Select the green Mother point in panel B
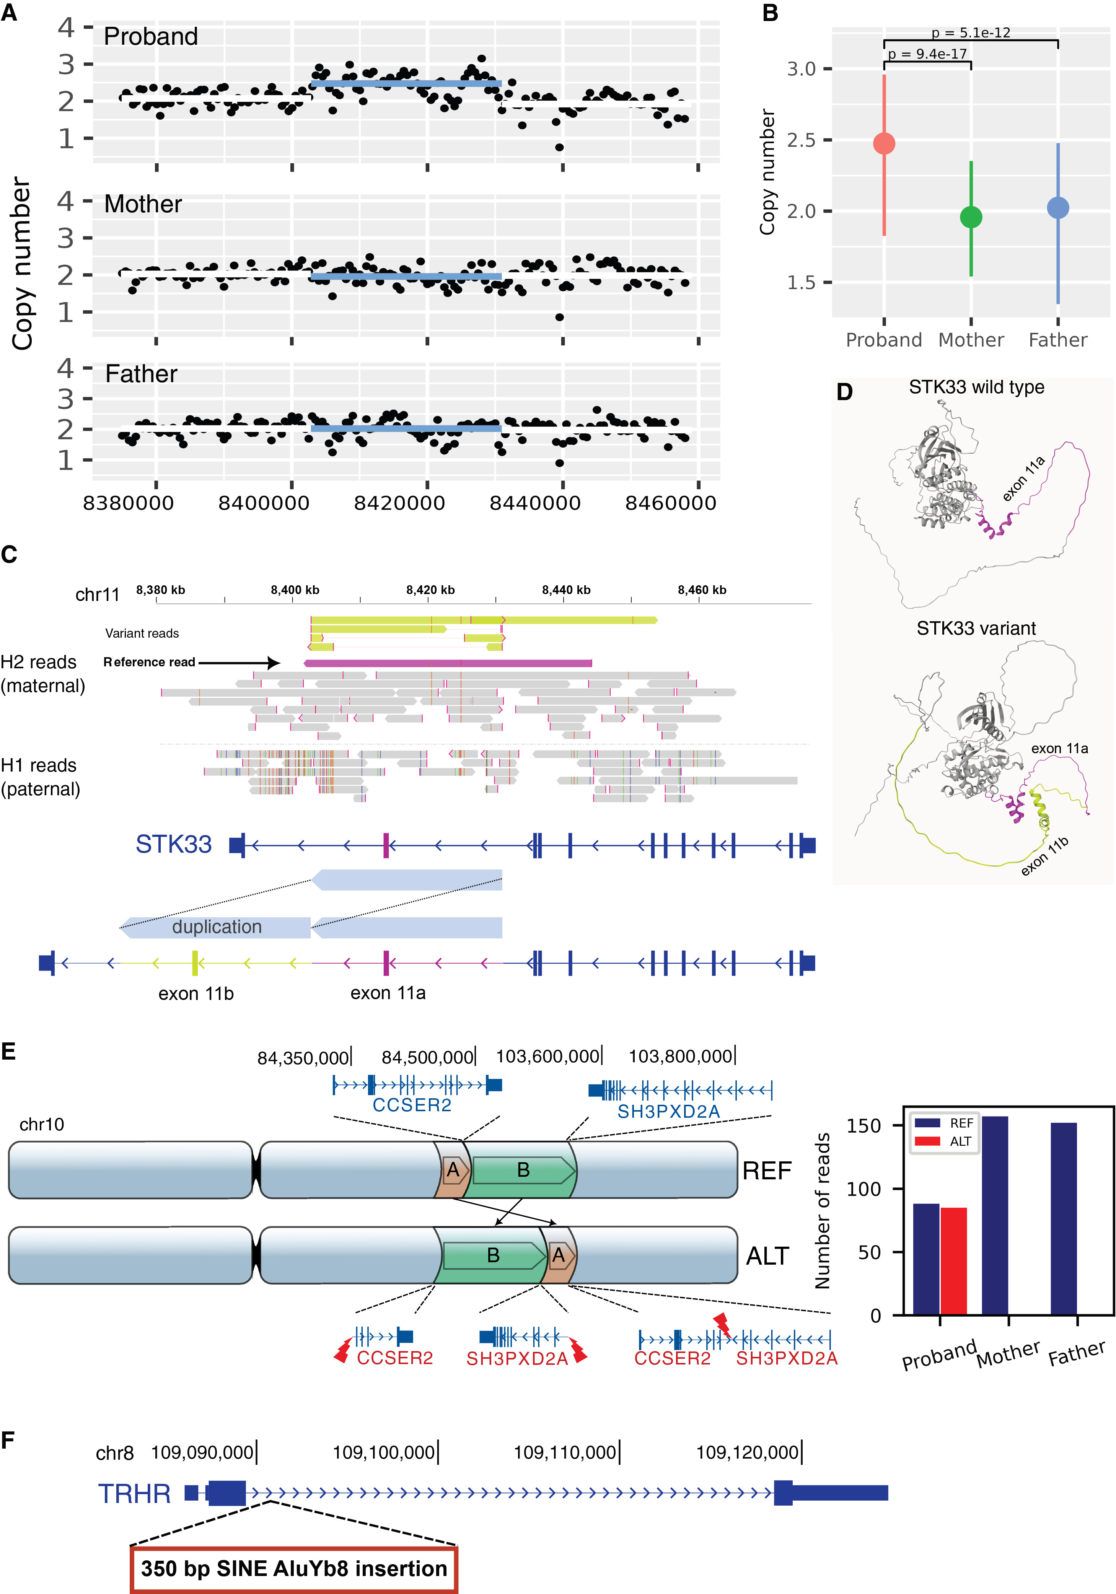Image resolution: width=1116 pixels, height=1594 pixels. [971, 217]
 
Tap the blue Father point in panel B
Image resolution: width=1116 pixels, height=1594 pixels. [1058, 208]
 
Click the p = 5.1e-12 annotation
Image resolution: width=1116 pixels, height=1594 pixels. [971, 33]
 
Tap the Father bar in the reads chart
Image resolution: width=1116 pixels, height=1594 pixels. [1064, 1218]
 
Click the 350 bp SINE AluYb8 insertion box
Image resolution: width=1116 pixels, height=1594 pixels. [294, 1568]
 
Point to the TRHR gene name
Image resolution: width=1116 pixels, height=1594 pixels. [134, 1493]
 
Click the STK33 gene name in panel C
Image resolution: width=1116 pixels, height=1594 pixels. [174, 844]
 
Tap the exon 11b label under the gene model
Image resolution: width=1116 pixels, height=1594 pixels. [196, 993]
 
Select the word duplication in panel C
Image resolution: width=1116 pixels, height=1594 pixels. [217, 927]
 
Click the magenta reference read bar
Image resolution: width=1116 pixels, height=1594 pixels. [448, 663]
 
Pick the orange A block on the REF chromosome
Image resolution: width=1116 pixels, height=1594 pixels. [453, 1170]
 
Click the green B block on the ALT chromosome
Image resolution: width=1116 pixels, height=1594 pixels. [493, 1255]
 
